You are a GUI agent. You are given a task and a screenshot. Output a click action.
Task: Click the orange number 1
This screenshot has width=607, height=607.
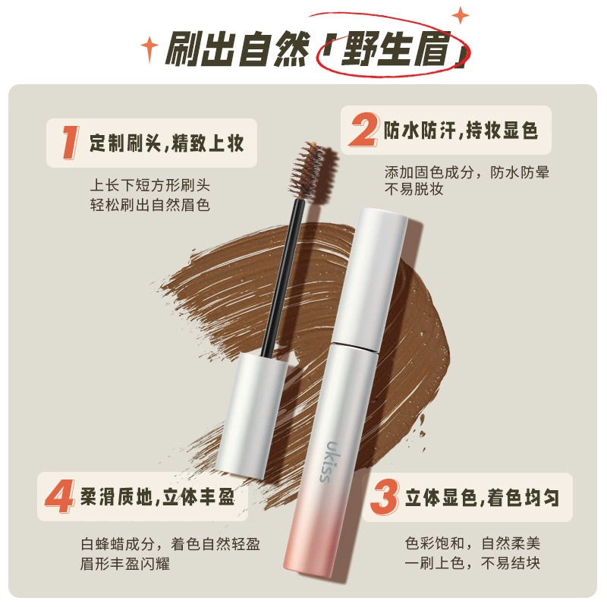click(x=71, y=143)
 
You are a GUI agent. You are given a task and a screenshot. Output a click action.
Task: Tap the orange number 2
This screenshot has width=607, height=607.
click(x=363, y=130)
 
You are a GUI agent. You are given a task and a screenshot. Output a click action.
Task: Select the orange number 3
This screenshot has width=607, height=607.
click(x=384, y=497)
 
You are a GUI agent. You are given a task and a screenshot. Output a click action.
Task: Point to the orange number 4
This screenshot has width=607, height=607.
click(x=60, y=496)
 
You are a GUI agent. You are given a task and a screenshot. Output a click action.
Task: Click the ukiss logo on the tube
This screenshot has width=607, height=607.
click(x=326, y=461)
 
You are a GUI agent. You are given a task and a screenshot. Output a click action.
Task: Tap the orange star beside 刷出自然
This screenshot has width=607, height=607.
click(x=149, y=49)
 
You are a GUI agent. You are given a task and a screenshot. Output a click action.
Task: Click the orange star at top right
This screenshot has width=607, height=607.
click(x=461, y=16)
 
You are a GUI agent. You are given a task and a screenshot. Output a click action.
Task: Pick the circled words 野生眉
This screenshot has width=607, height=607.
click(x=395, y=49)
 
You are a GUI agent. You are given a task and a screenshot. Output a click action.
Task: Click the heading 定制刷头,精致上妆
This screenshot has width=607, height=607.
click(x=166, y=143)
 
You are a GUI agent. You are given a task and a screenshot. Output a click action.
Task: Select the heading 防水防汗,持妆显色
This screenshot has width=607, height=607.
click(x=461, y=130)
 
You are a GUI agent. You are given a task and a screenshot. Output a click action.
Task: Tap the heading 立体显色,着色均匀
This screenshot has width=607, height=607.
click(x=482, y=498)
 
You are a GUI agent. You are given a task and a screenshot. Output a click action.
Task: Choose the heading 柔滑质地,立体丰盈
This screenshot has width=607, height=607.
click(x=157, y=497)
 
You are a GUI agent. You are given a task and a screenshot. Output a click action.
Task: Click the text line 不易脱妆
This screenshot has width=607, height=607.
click(x=414, y=189)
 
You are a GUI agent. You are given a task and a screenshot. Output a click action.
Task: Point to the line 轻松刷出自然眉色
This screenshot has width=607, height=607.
click(x=149, y=205)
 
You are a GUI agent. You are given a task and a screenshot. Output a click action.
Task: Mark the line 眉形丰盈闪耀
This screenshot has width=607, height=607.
click(x=125, y=563)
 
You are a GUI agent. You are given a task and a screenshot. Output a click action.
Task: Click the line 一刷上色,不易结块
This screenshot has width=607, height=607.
click(x=472, y=563)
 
